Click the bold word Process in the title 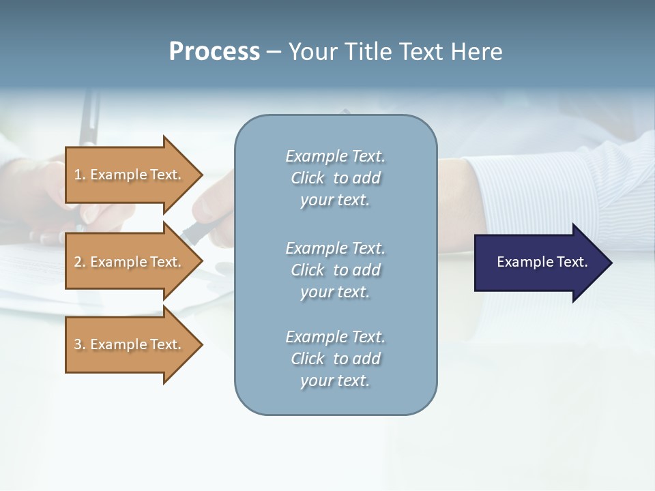(x=214, y=52)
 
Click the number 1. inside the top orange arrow (x=80, y=175)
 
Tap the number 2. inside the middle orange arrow (x=80, y=262)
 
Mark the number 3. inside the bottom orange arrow (x=80, y=344)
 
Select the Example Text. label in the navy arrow (x=542, y=262)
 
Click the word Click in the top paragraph (x=308, y=178)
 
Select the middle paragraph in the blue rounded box (x=335, y=270)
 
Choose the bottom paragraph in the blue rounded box (x=335, y=359)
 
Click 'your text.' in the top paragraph (x=335, y=200)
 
